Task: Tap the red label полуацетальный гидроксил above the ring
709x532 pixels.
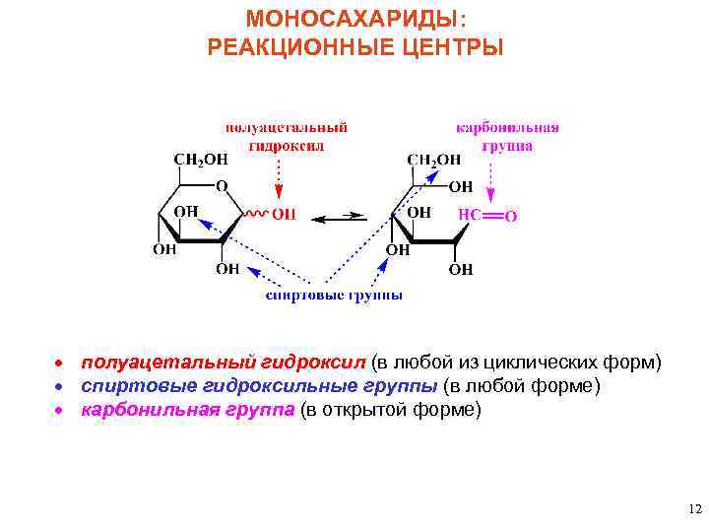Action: click(286, 136)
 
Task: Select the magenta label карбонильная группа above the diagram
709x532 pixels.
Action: click(507, 136)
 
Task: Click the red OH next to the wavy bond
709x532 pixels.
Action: click(284, 213)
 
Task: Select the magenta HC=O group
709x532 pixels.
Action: click(487, 214)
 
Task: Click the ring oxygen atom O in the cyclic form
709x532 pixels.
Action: click(222, 185)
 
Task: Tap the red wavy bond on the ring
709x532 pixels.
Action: click(254, 213)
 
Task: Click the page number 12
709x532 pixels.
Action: click(695, 509)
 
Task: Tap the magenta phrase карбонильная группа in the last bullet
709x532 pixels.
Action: click(187, 410)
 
